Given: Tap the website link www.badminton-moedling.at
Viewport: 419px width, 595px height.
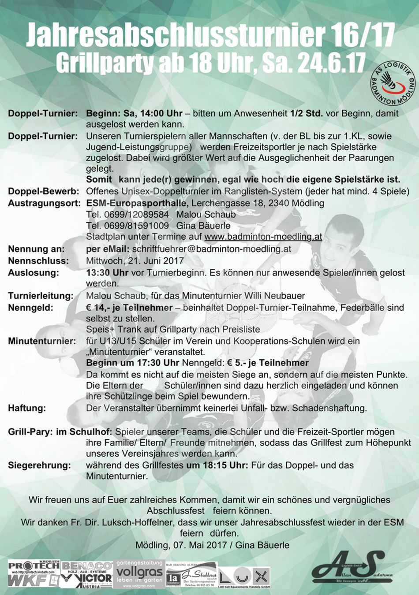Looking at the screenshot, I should (263, 237).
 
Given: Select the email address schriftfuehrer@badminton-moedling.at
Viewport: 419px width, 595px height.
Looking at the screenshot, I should (212, 249).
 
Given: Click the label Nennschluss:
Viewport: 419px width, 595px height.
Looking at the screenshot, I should (38, 260).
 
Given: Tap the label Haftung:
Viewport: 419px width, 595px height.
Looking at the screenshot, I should (27, 408).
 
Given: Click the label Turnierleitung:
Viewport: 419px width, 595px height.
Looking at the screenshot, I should (41, 296).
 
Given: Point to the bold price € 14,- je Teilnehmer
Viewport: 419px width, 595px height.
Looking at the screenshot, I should (129, 308).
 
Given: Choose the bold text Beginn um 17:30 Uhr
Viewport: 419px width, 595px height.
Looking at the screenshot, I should (133, 363).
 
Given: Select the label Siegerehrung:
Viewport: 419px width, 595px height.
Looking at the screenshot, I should (39, 465).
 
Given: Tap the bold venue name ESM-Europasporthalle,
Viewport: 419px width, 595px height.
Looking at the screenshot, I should (138, 203).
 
